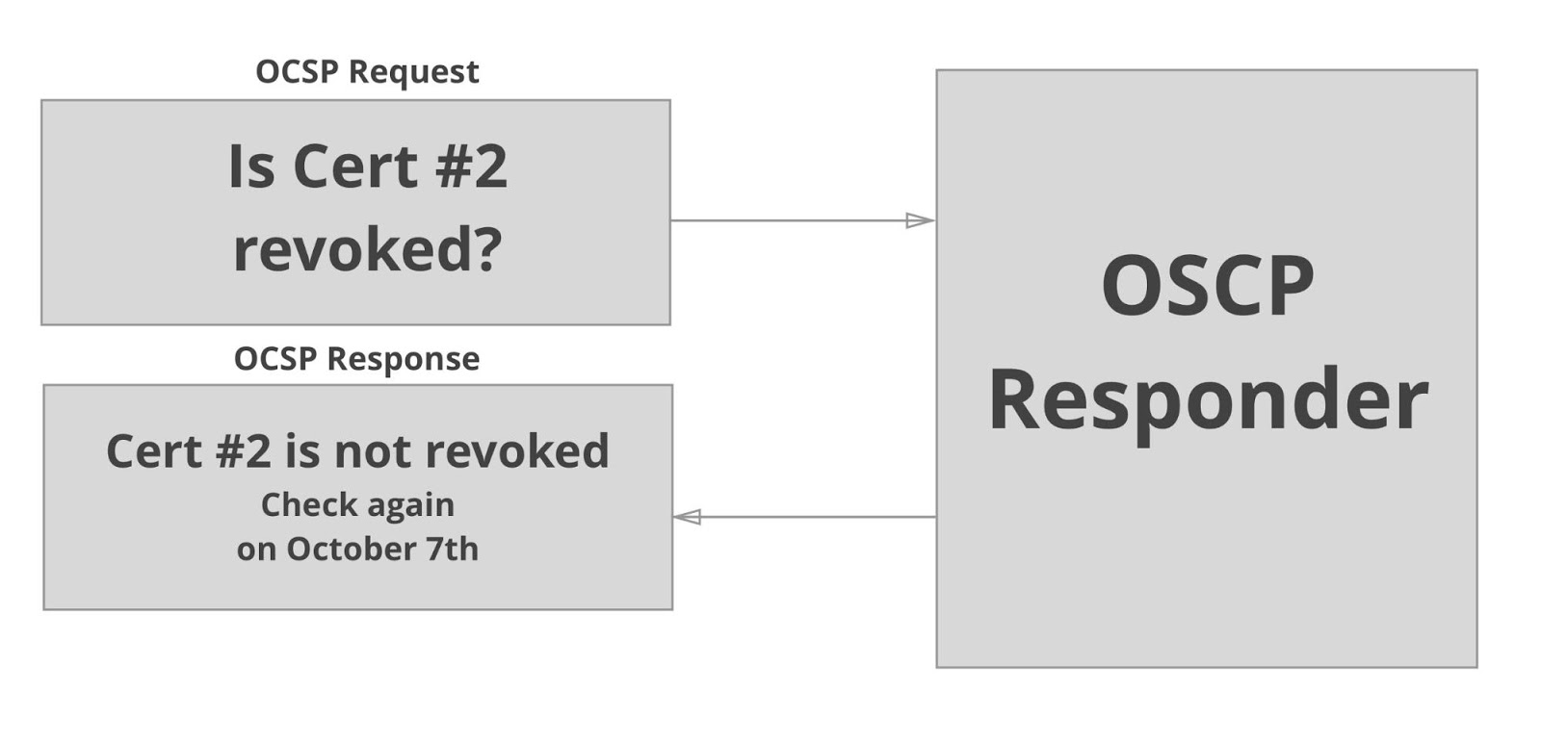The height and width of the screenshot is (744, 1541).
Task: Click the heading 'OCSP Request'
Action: click(x=367, y=72)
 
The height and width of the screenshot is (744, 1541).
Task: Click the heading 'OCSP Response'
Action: click(x=356, y=359)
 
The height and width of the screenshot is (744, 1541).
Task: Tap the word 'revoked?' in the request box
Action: click(x=368, y=250)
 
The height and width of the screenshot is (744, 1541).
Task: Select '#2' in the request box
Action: click(x=471, y=167)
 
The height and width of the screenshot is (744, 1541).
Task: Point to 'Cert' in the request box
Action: click(x=355, y=167)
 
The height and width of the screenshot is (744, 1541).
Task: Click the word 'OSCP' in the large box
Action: click(x=1207, y=286)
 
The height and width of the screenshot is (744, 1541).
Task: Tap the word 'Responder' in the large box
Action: click(x=1208, y=400)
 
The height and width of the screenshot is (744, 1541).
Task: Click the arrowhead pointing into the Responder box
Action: click(x=920, y=220)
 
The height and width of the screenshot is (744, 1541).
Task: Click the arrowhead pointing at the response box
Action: click(x=687, y=517)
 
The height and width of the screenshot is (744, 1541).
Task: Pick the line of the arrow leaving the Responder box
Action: click(x=819, y=517)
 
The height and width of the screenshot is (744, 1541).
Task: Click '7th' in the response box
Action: click(x=452, y=549)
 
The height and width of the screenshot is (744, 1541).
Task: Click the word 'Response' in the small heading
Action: click(x=404, y=359)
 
